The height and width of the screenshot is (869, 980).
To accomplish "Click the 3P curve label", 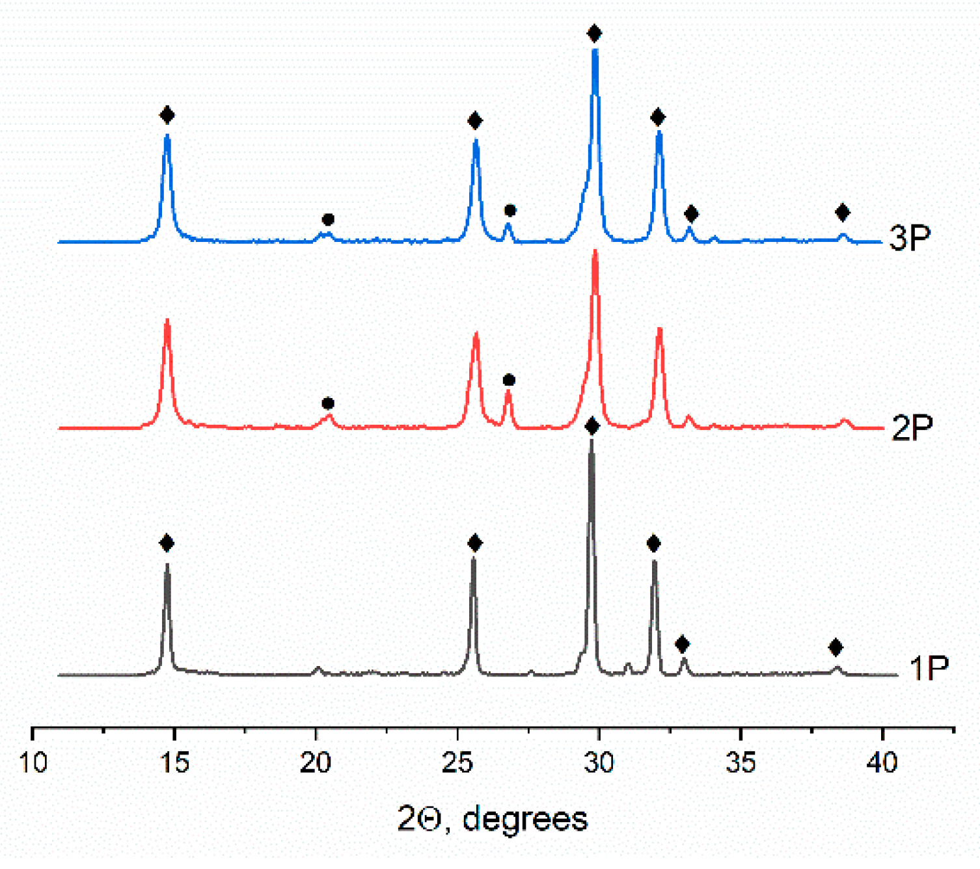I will pos(910,238).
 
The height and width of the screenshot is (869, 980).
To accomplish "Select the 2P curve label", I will pos(912,427).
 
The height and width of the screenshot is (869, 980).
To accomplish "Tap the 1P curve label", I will pos(929,668).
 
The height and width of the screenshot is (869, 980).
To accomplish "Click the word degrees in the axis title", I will pos(524,819).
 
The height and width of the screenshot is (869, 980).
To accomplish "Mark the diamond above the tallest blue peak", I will pos(593,33).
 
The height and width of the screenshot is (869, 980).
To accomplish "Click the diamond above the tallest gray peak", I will pos(592,426).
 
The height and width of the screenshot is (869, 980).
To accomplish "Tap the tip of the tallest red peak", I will pos(595,252).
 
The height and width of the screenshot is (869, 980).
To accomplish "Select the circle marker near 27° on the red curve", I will pos(509,380).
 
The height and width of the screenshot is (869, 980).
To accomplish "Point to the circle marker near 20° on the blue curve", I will pos(328,219).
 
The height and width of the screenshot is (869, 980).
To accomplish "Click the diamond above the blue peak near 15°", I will pos(167,115).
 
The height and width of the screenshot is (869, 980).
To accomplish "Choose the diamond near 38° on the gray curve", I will pos(836,647).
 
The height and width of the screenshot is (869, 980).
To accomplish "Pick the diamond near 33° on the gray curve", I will pos(682,644).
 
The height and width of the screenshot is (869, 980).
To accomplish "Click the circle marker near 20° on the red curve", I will pos(328,403).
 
